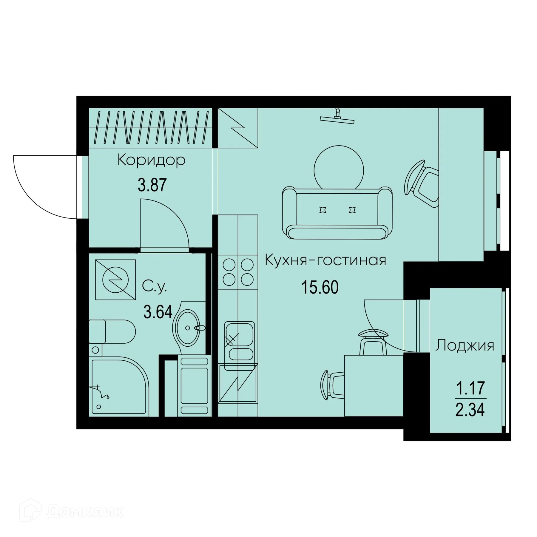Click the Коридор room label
tap(151, 161)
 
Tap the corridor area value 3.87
tap(152, 185)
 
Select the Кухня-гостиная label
tap(325, 260)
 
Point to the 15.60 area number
tap(320, 288)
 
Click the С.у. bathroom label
tap(154, 287)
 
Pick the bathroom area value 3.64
tap(158, 313)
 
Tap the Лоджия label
tap(465, 345)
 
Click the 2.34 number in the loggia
tap(470, 410)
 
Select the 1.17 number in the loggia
tap(470, 389)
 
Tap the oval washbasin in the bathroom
tap(188, 328)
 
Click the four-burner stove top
tap(238, 272)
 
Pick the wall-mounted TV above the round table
tap(337, 118)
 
